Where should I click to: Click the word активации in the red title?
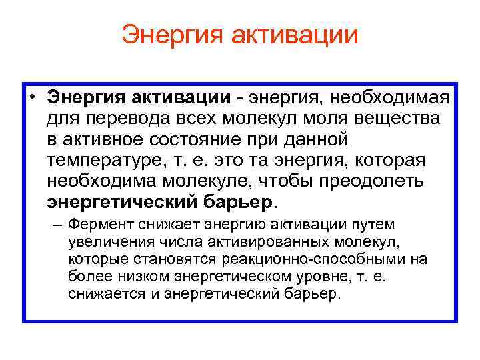tap(295, 35)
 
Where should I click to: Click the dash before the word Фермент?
tap(58, 225)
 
